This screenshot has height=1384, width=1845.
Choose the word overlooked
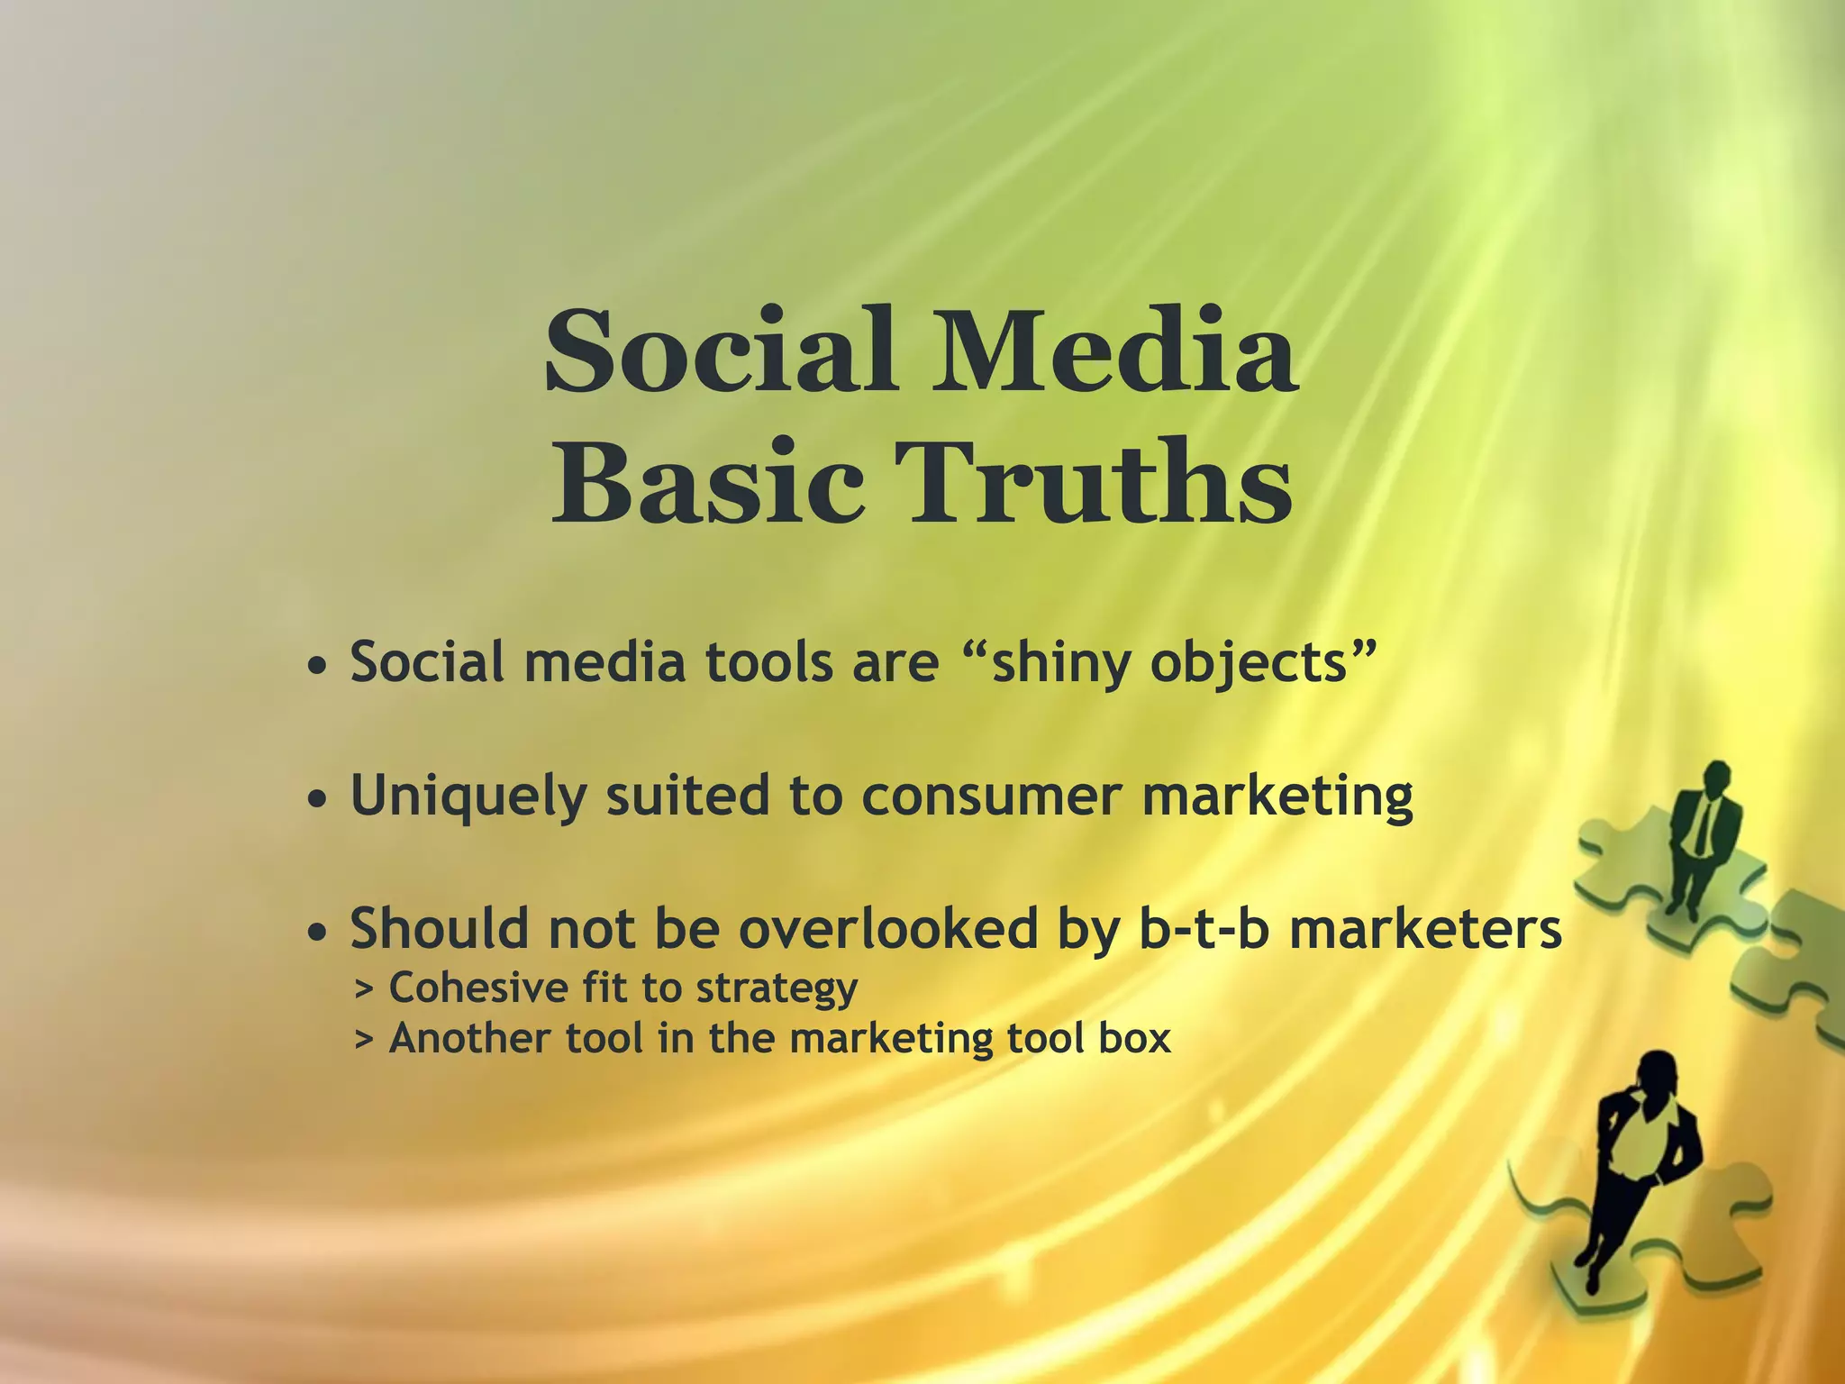(x=888, y=928)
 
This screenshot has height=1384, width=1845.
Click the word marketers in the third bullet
(x=1425, y=928)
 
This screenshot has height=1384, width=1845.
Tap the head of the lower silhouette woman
(x=1656, y=1073)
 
